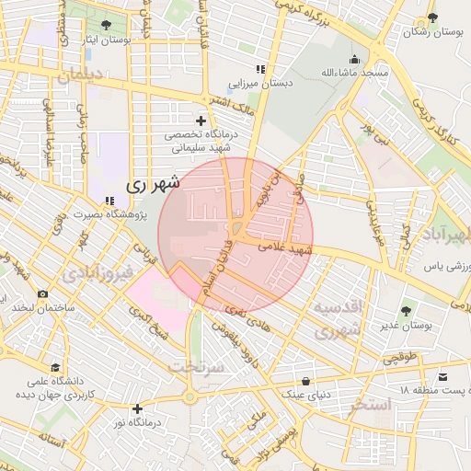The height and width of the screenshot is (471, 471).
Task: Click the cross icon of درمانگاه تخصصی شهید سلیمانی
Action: pos(201,121)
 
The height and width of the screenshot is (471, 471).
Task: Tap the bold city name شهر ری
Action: pos(153,183)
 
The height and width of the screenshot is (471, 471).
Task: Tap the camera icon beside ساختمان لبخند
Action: pos(42,293)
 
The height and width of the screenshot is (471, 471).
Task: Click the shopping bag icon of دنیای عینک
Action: pos(305,379)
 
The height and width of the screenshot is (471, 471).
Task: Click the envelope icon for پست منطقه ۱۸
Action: pos(444,377)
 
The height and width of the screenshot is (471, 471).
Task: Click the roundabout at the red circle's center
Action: pos(237,230)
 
